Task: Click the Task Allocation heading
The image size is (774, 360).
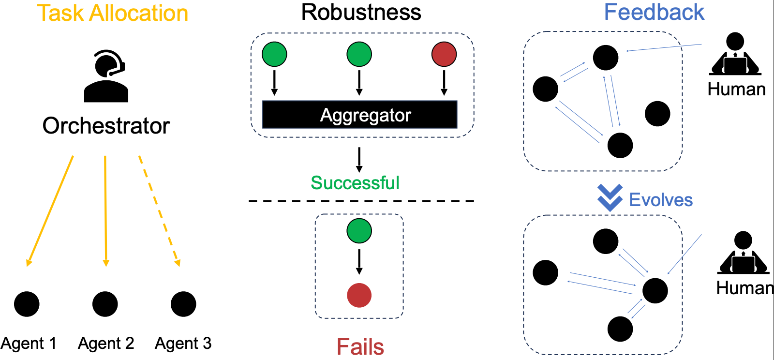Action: (x=112, y=13)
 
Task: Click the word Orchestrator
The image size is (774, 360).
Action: (x=106, y=126)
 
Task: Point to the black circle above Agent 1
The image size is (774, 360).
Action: (x=27, y=304)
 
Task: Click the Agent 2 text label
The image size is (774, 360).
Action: (x=106, y=343)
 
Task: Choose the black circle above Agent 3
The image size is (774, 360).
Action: (x=183, y=304)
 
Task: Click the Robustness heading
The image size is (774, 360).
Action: (x=361, y=12)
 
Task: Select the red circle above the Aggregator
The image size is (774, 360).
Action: (x=444, y=54)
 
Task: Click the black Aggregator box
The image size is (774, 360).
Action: (x=359, y=115)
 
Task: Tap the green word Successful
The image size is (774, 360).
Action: (x=355, y=183)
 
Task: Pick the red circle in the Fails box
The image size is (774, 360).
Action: (x=359, y=295)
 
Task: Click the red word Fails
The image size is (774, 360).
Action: (x=360, y=347)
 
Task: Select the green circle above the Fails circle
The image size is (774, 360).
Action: (x=359, y=231)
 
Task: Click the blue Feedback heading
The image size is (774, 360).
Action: (x=654, y=12)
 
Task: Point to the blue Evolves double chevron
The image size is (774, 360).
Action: (x=610, y=197)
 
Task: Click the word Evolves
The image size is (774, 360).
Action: (x=661, y=200)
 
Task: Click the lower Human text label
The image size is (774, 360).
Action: (x=744, y=288)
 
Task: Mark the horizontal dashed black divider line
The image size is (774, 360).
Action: (x=361, y=201)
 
